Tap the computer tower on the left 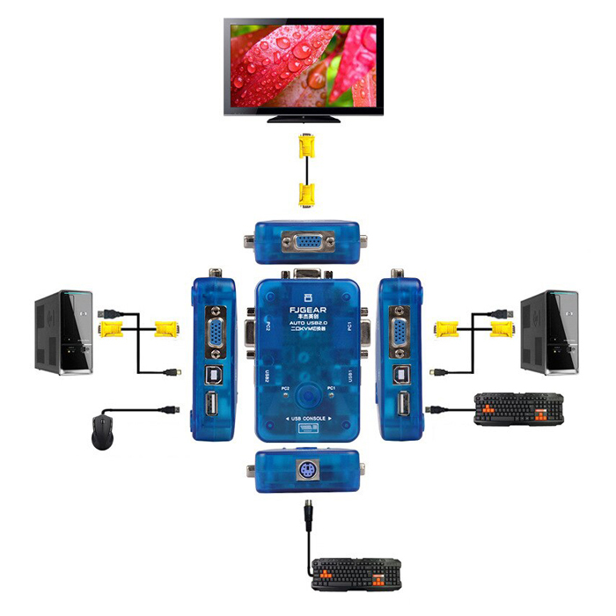(63, 333)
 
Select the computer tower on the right (549, 333)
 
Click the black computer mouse (104, 432)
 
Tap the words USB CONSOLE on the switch (307, 417)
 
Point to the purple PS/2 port (307, 468)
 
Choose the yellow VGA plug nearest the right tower (501, 330)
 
